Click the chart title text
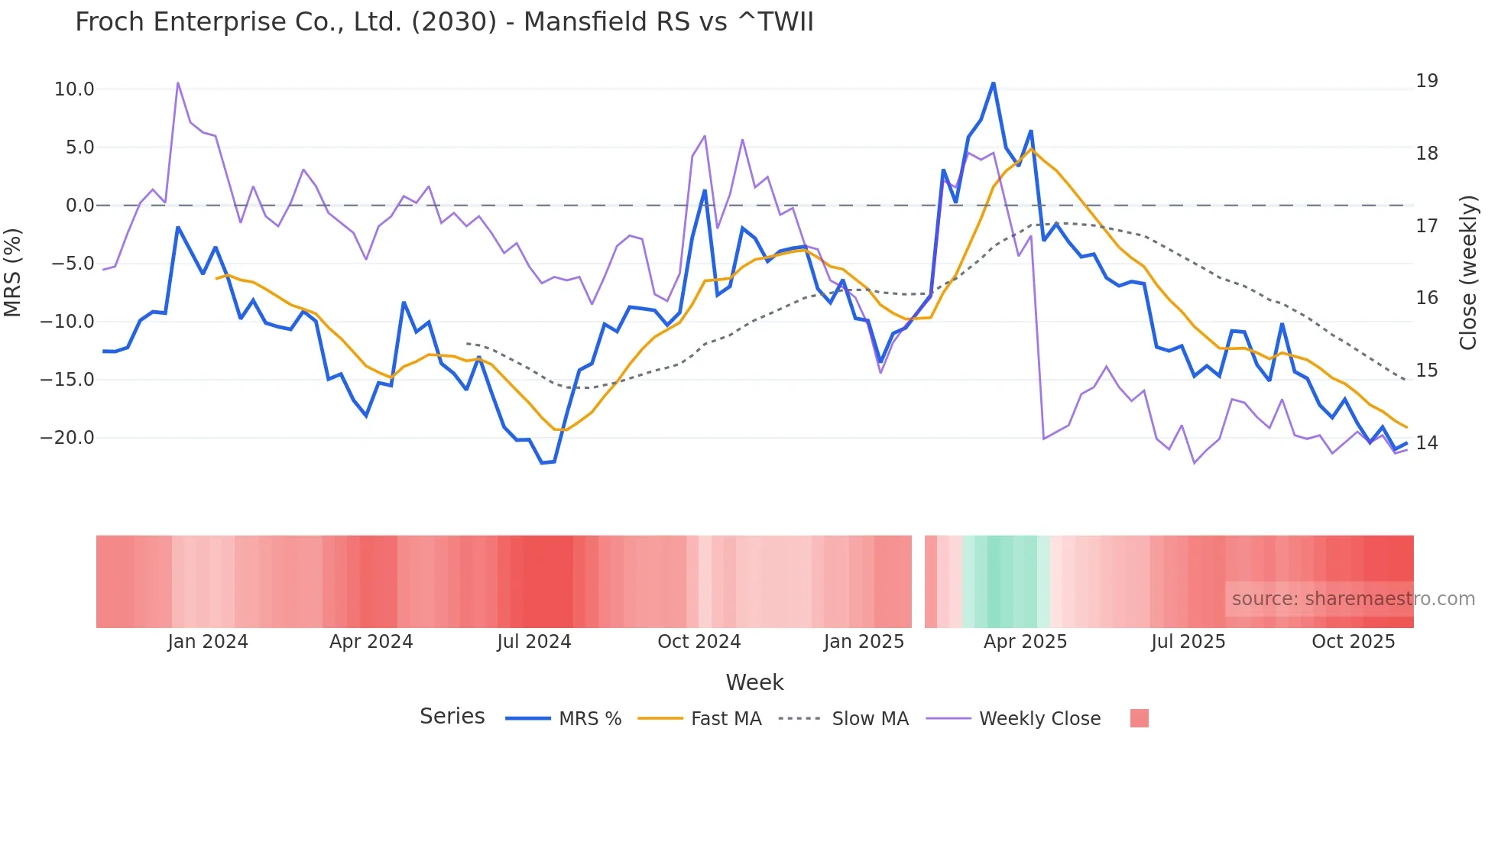click(x=444, y=22)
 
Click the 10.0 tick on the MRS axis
click(x=74, y=89)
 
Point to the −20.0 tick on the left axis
click(x=67, y=438)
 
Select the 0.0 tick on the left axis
click(x=79, y=206)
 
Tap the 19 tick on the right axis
click(x=1426, y=81)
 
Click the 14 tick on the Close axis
click(x=1426, y=443)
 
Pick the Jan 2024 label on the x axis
click(x=208, y=642)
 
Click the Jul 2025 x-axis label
click(x=1188, y=642)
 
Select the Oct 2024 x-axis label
click(x=699, y=642)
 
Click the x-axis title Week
click(x=754, y=682)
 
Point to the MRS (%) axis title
click(x=13, y=272)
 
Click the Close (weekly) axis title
click(x=1468, y=272)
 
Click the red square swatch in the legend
click(x=1139, y=718)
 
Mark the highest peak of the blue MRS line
click(x=993, y=83)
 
